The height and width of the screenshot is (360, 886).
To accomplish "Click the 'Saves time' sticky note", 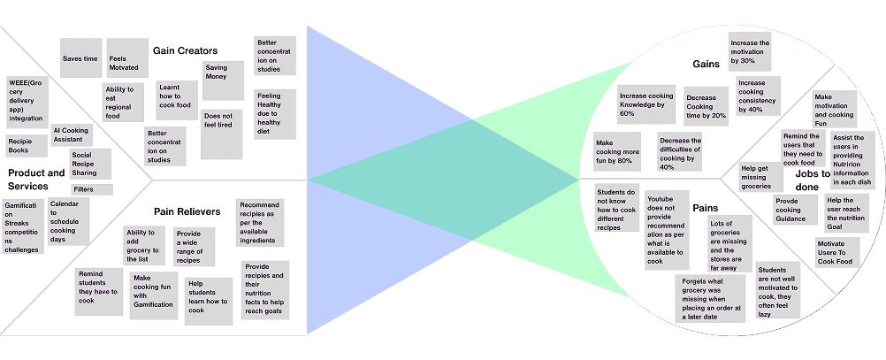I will pyautogui.click(x=80, y=58).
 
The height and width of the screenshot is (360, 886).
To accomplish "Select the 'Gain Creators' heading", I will pyautogui.click(x=185, y=50).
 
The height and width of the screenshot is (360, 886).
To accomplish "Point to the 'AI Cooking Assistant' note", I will pyautogui.click(x=71, y=134).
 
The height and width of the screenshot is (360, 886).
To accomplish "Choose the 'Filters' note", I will pyautogui.click(x=92, y=189).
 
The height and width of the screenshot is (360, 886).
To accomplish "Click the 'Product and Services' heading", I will pyautogui.click(x=36, y=179).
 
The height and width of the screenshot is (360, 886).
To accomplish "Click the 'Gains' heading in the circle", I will pyautogui.click(x=705, y=64).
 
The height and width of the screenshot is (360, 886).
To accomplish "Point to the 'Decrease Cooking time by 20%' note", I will pyautogui.click(x=706, y=104).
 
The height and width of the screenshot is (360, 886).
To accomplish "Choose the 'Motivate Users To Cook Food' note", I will pyautogui.click(x=836, y=253).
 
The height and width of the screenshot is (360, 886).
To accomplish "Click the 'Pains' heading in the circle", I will pyautogui.click(x=705, y=208).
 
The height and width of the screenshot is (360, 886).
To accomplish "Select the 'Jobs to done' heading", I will pyautogui.click(x=813, y=180).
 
